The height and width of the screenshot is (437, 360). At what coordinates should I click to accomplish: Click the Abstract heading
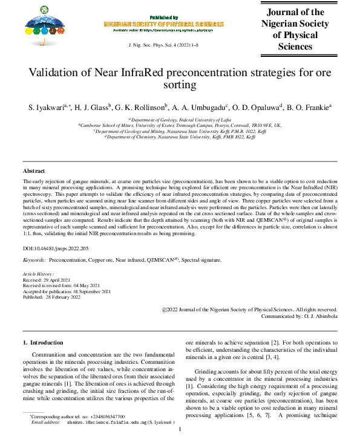point(34,172)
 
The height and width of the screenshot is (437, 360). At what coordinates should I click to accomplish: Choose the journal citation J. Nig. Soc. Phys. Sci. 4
point(157,46)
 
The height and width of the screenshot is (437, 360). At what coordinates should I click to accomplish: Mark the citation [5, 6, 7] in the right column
point(265,416)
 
